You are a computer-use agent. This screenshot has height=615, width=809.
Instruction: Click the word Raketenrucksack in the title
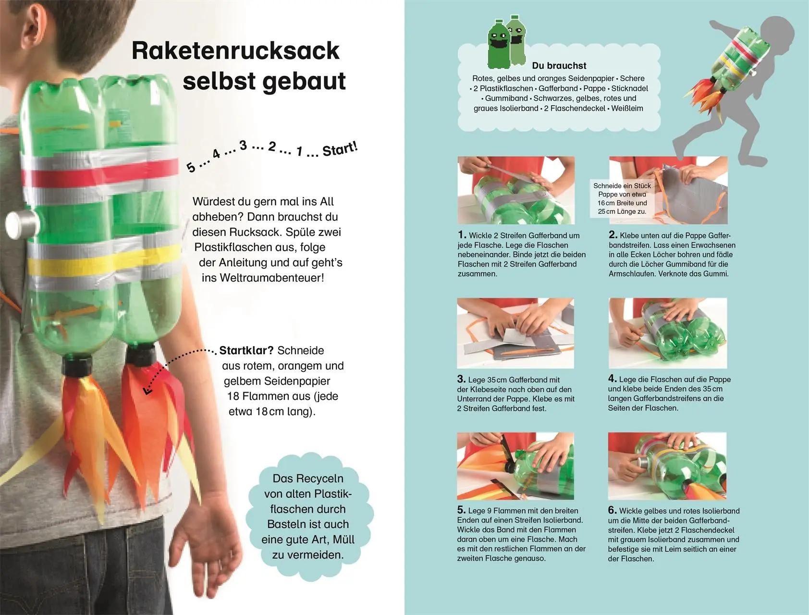(235, 51)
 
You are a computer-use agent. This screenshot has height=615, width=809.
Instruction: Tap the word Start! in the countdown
(340, 149)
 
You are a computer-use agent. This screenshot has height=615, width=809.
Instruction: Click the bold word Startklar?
(246, 350)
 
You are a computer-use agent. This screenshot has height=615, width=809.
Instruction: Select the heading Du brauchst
(559, 66)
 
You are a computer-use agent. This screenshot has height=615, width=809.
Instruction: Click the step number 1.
(462, 235)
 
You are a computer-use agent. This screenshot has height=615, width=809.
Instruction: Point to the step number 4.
(612, 378)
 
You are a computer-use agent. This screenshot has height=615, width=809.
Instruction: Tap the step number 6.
(612, 510)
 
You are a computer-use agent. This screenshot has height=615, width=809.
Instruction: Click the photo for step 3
(515, 333)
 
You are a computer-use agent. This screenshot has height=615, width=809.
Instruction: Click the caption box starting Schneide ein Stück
(622, 198)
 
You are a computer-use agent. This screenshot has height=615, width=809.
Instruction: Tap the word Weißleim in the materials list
(627, 108)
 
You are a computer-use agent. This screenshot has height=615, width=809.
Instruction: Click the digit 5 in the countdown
(191, 167)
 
